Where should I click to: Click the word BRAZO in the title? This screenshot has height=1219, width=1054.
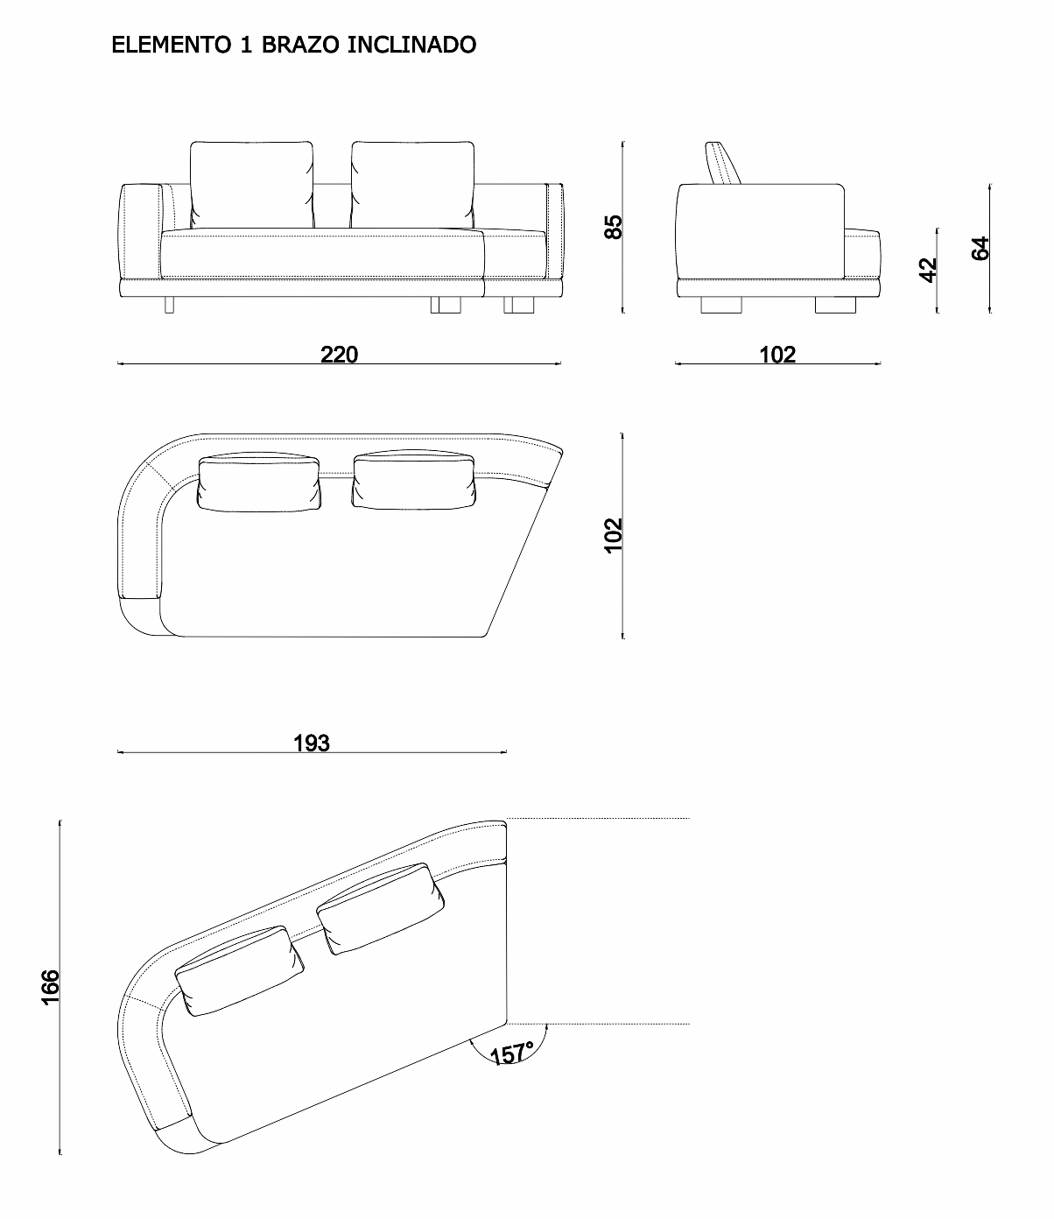(300, 45)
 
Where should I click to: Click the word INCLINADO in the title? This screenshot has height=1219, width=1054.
(411, 45)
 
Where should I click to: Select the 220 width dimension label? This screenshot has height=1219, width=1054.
(339, 355)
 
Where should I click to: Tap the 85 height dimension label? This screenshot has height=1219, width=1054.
(613, 227)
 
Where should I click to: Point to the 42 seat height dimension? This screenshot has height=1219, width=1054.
(928, 270)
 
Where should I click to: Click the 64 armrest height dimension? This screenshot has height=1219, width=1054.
(980, 249)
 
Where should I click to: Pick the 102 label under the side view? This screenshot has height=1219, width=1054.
(777, 355)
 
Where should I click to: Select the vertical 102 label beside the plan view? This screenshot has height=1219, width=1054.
(613, 535)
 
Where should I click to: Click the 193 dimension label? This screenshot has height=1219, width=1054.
(312, 743)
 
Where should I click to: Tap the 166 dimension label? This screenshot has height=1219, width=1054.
(50, 987)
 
